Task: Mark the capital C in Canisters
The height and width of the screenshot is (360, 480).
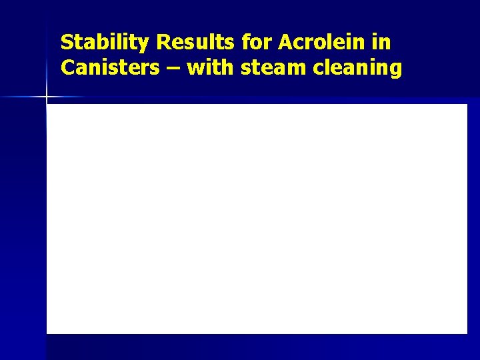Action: pos(67,68)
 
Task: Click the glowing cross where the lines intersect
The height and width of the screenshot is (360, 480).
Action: pos(47,97)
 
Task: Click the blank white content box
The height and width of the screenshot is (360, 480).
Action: pos(257,219)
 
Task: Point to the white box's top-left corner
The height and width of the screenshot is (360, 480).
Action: pos(47,105)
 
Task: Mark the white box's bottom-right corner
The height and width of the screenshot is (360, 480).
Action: pos(467,333)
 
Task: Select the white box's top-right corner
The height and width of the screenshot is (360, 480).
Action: pos(467,105)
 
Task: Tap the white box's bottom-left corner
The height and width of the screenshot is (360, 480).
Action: pos(47,333)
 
